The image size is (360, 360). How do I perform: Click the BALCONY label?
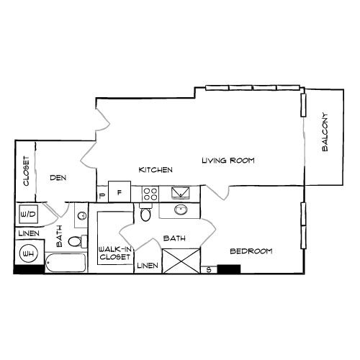325,132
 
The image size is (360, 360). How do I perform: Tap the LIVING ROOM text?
228,160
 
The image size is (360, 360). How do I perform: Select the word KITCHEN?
156,170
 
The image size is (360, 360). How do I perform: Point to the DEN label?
58,177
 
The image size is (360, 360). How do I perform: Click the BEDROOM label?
251,251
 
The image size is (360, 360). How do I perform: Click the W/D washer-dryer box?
29,214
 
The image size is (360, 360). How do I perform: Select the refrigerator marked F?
120,192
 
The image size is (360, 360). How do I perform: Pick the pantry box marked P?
102,194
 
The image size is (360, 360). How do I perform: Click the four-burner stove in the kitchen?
150,193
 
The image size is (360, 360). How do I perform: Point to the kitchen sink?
179,192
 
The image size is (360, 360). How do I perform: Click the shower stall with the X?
180,260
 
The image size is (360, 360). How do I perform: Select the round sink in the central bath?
180,210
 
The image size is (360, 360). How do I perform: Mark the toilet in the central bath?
145,213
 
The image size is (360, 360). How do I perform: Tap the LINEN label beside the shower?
146,266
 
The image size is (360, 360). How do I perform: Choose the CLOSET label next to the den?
26,171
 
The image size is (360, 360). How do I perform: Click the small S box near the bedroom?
208,269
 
